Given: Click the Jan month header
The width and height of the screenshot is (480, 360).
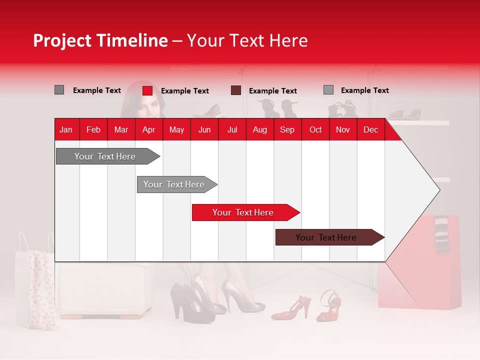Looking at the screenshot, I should (x=66, y=130).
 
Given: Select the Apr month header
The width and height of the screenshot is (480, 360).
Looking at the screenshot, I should (x=148, y=130).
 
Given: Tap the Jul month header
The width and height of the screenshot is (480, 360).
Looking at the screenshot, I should (x=232, y=130).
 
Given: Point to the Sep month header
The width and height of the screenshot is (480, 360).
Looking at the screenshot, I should (x=287, y=130).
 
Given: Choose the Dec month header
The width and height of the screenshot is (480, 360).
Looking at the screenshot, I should (x=370, y=130).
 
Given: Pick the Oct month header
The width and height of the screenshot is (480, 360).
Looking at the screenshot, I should (x=315, y=130).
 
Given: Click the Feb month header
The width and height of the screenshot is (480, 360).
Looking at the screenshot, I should (x=93, y=130).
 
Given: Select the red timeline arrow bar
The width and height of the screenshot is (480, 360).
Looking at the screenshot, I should (x=245, y=212).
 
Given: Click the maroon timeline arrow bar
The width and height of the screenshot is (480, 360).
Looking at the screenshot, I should (x=329, y=237).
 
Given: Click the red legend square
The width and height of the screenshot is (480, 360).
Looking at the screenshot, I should (x=147, y=90).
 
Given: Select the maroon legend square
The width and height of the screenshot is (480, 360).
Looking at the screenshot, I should (x=236, y=90).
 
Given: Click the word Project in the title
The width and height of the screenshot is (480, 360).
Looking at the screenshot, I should (x=62, y=41).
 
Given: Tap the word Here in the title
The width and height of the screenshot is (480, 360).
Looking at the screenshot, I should (x=288, y=41).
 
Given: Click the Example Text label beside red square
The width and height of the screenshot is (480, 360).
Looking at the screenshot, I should (x=184, y=91).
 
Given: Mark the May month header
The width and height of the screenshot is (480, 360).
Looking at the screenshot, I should (x=176, y=130).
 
